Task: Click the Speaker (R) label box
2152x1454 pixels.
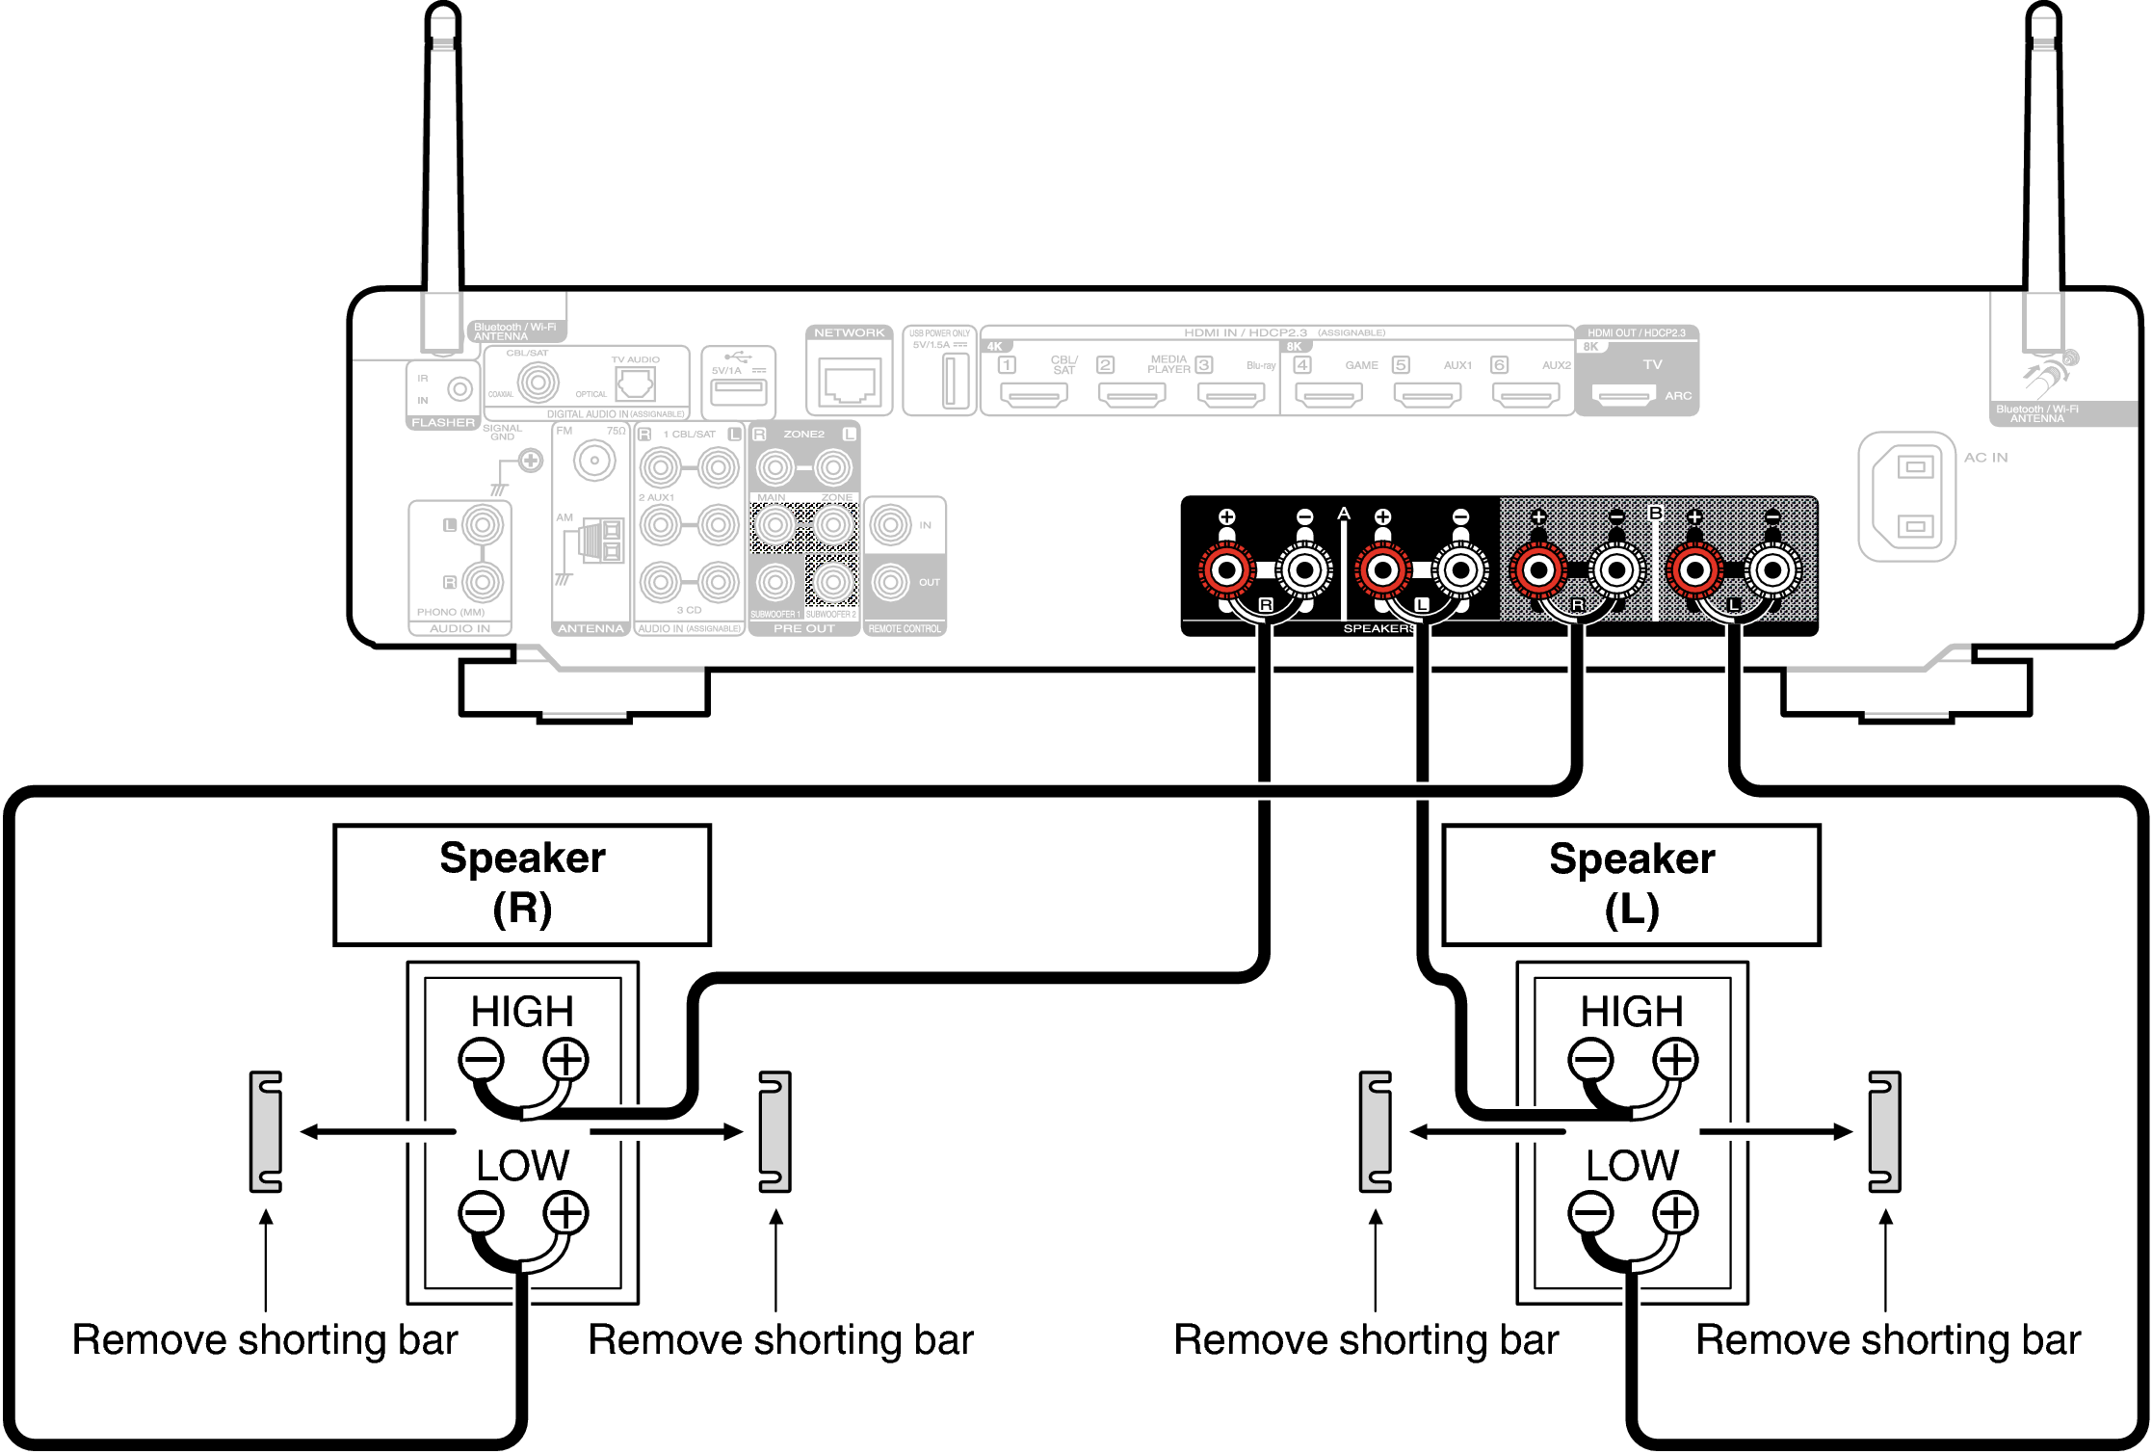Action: [522, 884]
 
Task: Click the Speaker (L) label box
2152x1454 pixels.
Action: [1631, 885]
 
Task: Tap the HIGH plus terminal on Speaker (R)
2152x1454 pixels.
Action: [565, 1059]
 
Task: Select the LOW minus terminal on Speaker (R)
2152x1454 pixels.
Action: [481, 1212]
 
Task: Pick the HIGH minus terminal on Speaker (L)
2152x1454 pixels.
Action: [1589, 1059]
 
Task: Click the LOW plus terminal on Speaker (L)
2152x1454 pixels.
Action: [1675, 1212]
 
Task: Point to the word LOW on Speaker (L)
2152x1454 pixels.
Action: [1632, 1166]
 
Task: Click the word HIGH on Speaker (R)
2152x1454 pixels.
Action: [522, 1012]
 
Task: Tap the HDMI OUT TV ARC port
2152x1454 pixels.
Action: [1623, 395]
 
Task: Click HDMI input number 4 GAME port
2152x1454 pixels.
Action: [1328, 394]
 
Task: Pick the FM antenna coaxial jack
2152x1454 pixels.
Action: [594, 461]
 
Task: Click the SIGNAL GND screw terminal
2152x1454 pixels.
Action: [530, 461]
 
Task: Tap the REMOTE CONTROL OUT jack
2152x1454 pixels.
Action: [890, 582]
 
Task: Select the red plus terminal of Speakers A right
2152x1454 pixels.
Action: [1226, 569]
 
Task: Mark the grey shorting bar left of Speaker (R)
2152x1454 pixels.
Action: [266, 1131]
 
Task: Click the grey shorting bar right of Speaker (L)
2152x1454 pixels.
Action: [1884, 1131]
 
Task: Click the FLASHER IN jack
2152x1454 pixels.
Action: [460, 389]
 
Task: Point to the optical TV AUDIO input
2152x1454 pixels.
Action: [635, 383]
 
